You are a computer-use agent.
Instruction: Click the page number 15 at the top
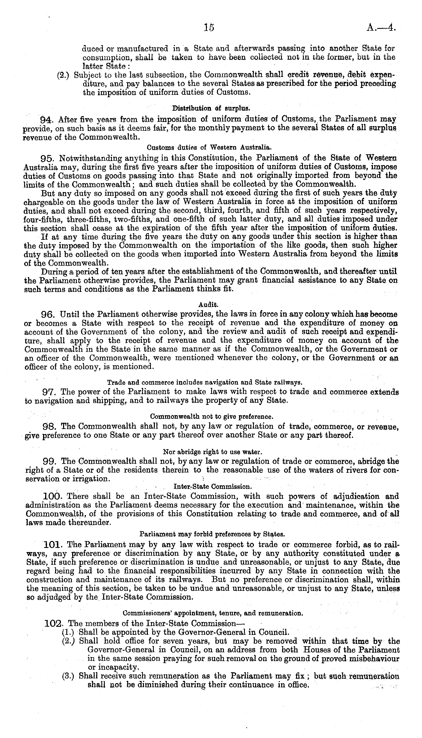click(x=209, y=28)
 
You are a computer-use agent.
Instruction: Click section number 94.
click(x=48, y=120)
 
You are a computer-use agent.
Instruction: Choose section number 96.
click(x=48, y=315)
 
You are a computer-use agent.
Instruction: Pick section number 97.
click(x=49, y=392)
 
